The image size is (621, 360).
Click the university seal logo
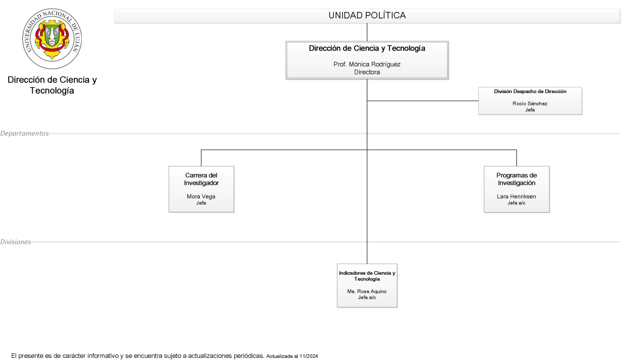pos(52,38)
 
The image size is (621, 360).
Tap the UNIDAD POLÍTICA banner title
pos(367,16)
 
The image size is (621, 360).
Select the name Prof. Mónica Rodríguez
pos(367,64)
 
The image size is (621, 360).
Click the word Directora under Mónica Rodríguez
pos(367,72)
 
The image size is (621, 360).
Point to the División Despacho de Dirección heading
pos(530,92)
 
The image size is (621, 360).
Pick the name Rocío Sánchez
pos(530,103)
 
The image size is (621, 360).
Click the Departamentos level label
pos(24,133)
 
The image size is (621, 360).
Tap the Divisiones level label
pos(16,242)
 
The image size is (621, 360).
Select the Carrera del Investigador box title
pos(201,179)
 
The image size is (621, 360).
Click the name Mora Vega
pos(201,197)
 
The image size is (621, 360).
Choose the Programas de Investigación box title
pos(516,179)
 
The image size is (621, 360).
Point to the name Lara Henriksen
pos(516,197)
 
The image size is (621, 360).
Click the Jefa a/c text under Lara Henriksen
pos(516,203)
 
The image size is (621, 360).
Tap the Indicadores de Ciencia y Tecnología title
pos(367,276)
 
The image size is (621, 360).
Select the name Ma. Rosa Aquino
pos(367,291)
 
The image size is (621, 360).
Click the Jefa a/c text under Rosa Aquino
pos(367,297)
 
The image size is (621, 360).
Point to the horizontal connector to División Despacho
pos(423,101)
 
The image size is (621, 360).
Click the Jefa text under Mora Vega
pos(201,203)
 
